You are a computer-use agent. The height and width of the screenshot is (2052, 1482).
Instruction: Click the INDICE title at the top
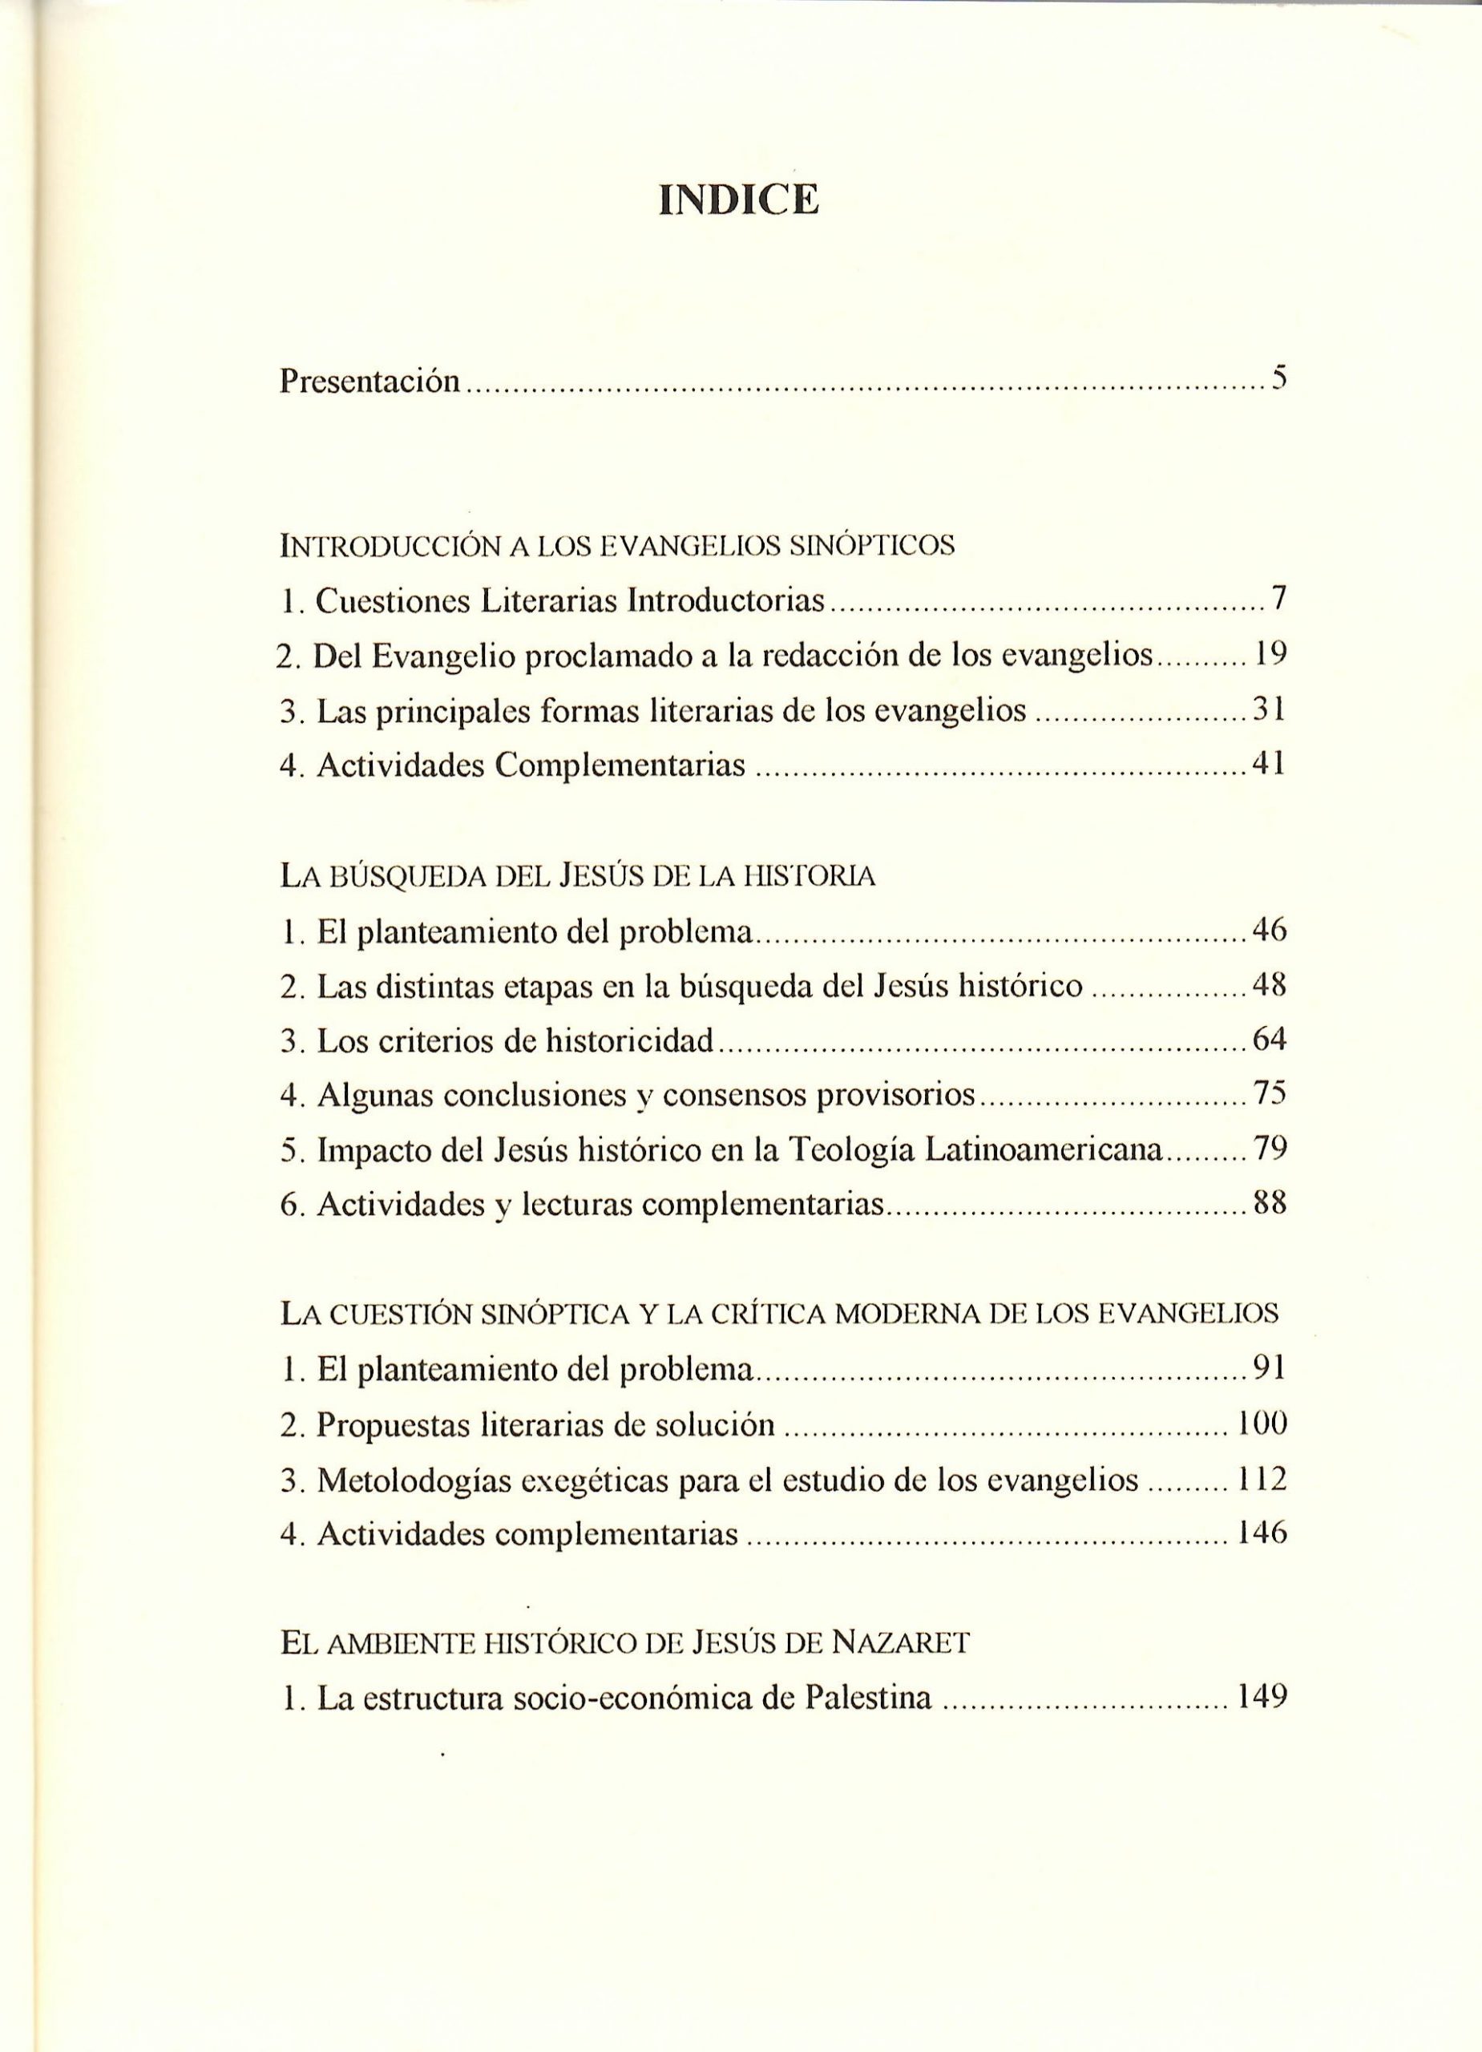tap(739, 200)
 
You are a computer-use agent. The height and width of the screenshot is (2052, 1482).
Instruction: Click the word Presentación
tap(370, 381)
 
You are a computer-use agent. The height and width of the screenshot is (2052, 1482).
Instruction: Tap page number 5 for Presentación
tap(1278, 378)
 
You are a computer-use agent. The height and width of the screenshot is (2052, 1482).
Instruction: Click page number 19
tap(1270, 654)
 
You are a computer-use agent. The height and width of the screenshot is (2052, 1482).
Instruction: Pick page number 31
tap(1270, 709)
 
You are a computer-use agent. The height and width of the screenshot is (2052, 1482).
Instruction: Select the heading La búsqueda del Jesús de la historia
tap(578, 876)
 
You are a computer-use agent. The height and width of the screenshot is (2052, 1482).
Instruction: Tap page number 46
tap(1270, 929)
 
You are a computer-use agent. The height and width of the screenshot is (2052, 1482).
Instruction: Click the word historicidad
tap(630, 1040)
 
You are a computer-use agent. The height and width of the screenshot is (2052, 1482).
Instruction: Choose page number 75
tap(1270, 1094)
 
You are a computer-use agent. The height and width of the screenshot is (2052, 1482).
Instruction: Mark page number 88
tap(1270, 1203)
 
